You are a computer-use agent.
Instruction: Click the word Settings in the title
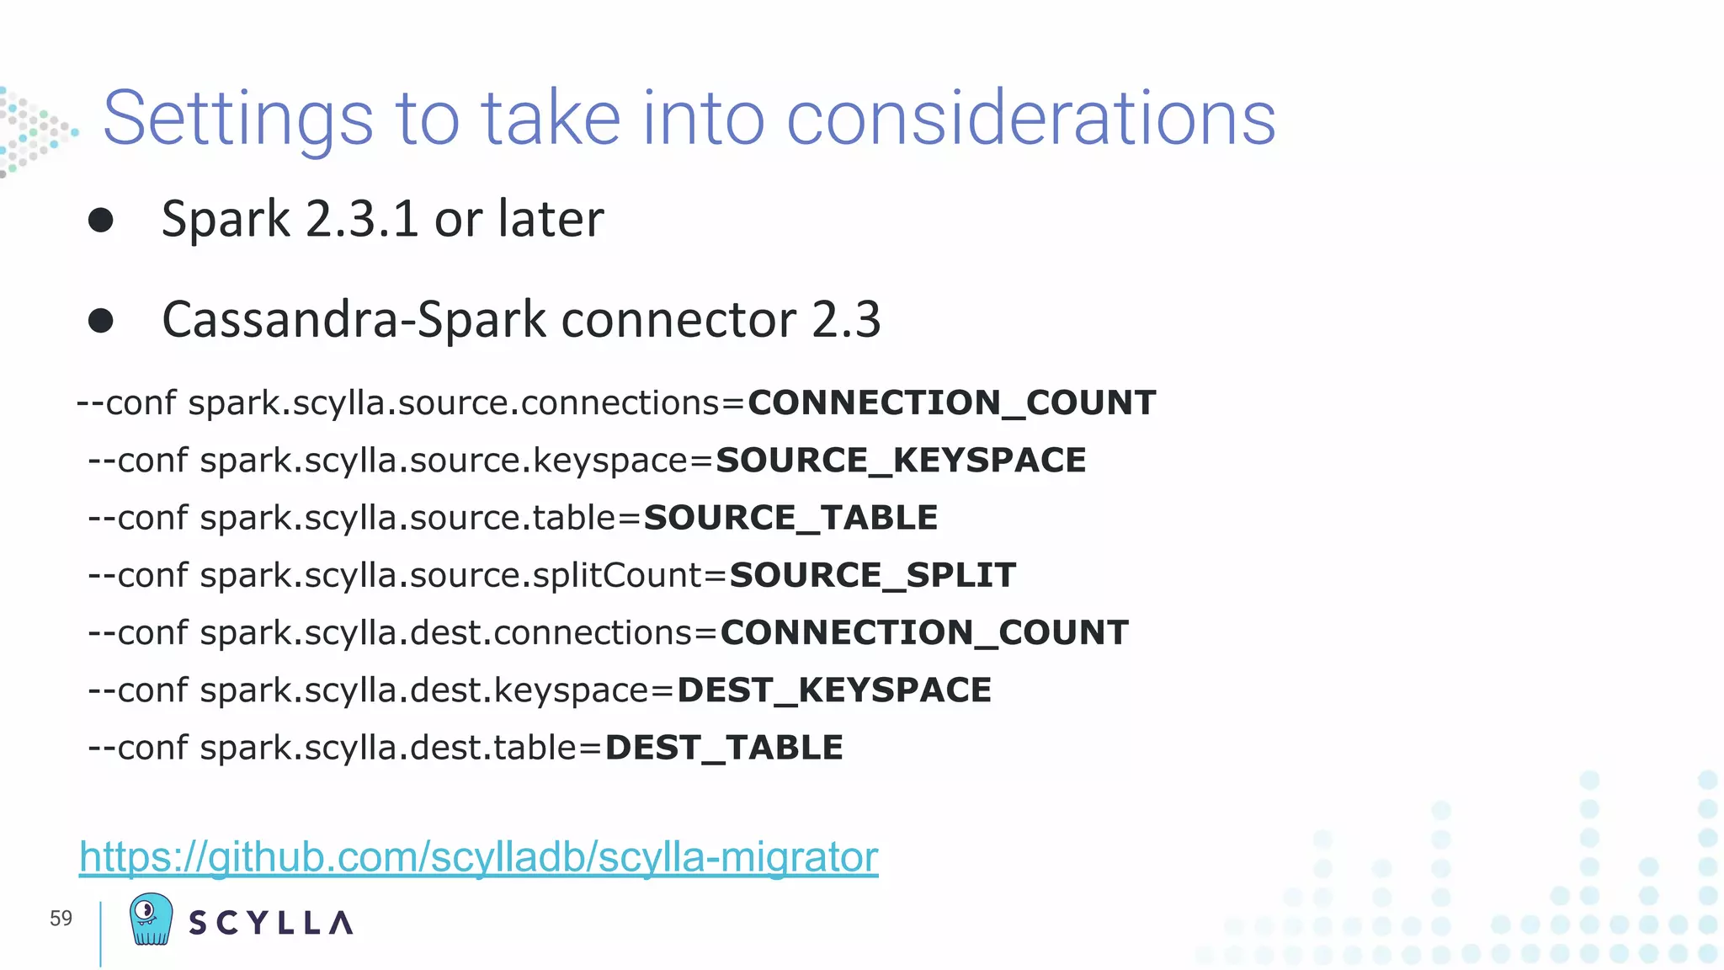click(x=237, y=120)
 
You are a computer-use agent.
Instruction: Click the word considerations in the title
click(x=1030, y=119)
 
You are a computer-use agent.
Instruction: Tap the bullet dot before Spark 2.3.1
click(x=101, y=221)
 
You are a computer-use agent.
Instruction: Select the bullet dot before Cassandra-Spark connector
click(x=101, y=321)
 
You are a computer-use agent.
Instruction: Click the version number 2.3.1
click(x=362, y=219)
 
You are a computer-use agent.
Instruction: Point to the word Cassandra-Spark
click(x=354, y=320)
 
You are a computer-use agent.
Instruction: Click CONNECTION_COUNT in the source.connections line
click(x=951, y=403)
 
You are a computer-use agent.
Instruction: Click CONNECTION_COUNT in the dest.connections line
click(x=924, y=633)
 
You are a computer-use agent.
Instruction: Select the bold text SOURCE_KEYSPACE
click(x=901, y=461)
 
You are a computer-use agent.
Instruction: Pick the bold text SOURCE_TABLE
click(x=790, y=518)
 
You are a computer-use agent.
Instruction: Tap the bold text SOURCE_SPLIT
click(x=873, y=576)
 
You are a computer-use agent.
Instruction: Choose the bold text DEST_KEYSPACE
click(x=834, y=690)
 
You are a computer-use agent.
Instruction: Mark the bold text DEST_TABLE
click(x=724, y=748)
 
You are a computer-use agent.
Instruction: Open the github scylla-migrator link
click(x=478, y=857)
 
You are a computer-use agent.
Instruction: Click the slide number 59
click(x=61, y=919)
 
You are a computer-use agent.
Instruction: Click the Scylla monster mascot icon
click(x=152, y=919)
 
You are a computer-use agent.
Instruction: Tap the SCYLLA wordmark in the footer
click(x=271, y=923)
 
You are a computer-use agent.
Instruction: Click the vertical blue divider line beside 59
click(x=100, y=933)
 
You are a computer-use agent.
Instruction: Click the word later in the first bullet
click(x=551, y=219)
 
